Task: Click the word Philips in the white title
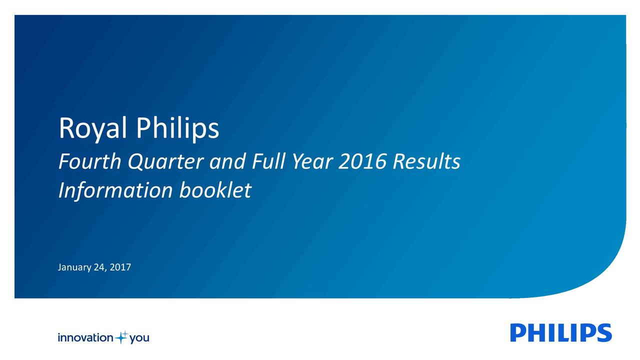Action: click(x=177, y=129)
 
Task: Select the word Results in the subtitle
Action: click(x=426, y=161)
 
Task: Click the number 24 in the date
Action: click(x=98, y=267)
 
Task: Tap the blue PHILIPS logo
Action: click(x=561, y=333)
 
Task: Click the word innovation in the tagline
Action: click(x=85, y=338)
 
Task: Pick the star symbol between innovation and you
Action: click(x=121, y=337)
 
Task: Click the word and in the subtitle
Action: click(x=227, y=161)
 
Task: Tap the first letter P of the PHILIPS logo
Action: click(x=519, y=333)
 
